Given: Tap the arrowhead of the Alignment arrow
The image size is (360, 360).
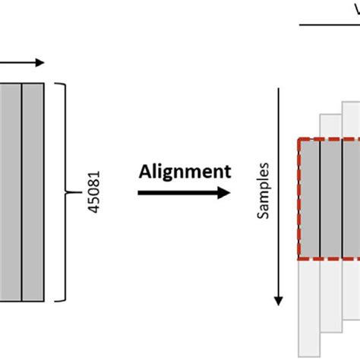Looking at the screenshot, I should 225,192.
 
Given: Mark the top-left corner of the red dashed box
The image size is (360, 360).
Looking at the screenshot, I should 298,140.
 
